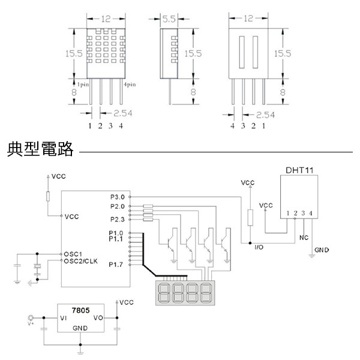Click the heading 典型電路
tap(40, 149)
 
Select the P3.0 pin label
tap(118, 196)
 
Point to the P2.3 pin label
tap(118, 219)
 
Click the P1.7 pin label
tap(116, 265)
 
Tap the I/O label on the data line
tap(259, 247)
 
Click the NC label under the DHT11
tap(304, 236)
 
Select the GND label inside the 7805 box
tap(80, 329)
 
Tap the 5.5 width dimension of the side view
tap(169, 19)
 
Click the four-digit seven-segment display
tap(184, 292)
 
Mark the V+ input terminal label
tap(32, 325)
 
